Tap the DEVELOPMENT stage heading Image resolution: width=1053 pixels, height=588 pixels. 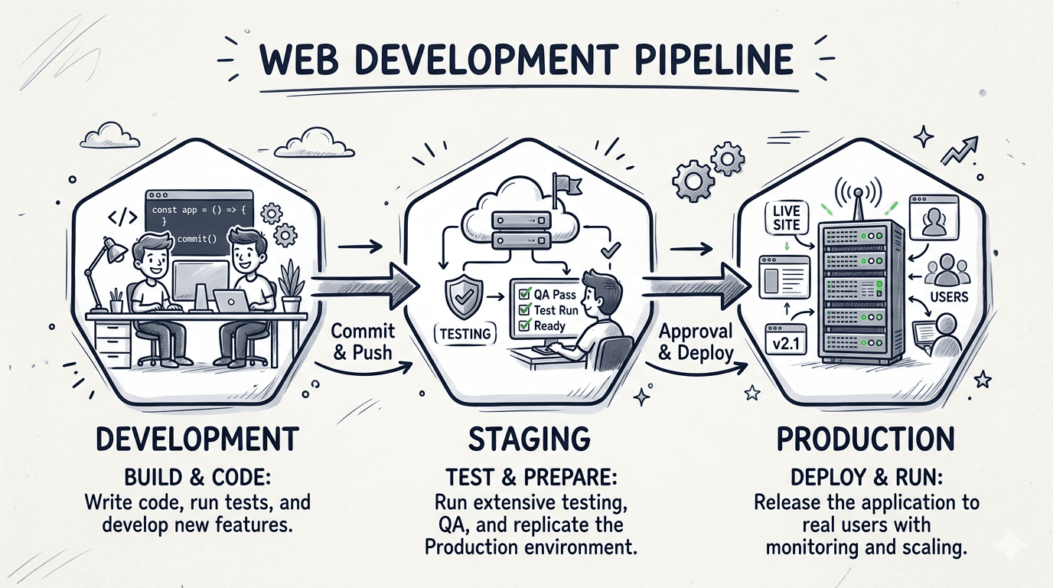197,439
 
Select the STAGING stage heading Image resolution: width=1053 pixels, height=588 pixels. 530,439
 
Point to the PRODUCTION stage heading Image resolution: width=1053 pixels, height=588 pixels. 866,439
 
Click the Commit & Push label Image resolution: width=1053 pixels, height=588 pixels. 362,341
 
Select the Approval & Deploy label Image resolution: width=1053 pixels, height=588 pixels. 696,341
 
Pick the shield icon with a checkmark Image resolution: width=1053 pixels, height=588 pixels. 463,295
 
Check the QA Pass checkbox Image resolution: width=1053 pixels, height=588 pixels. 524,292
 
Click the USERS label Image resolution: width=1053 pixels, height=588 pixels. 949,297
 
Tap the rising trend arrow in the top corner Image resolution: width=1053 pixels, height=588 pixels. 961,152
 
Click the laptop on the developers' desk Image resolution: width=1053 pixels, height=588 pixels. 230,300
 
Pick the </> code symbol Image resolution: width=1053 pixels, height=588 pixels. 122,217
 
